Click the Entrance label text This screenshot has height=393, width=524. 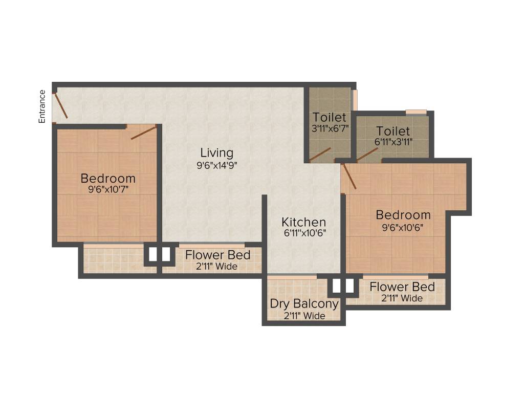point(42,106)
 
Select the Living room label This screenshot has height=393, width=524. point(216,152)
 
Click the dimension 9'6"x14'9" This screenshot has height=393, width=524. point(216,165)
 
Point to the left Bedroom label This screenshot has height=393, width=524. point(108,179)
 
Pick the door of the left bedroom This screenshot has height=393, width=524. point(143,132)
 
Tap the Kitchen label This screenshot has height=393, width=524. point(304,222)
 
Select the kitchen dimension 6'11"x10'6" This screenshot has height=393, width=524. point(304,233)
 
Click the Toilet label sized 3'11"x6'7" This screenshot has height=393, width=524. point(330,117)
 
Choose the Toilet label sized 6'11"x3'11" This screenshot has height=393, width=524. point(393,131)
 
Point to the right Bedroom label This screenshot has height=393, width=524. point(403,214)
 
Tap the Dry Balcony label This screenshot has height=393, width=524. point(304,303)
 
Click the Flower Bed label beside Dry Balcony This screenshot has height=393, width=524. point(402,287)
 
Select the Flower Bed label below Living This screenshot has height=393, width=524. point(217,255)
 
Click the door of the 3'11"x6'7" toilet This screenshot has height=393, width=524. point(320,154)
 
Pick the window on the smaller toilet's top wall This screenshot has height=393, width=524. point(416,112)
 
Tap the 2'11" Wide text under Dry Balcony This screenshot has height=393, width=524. point(304,316)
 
